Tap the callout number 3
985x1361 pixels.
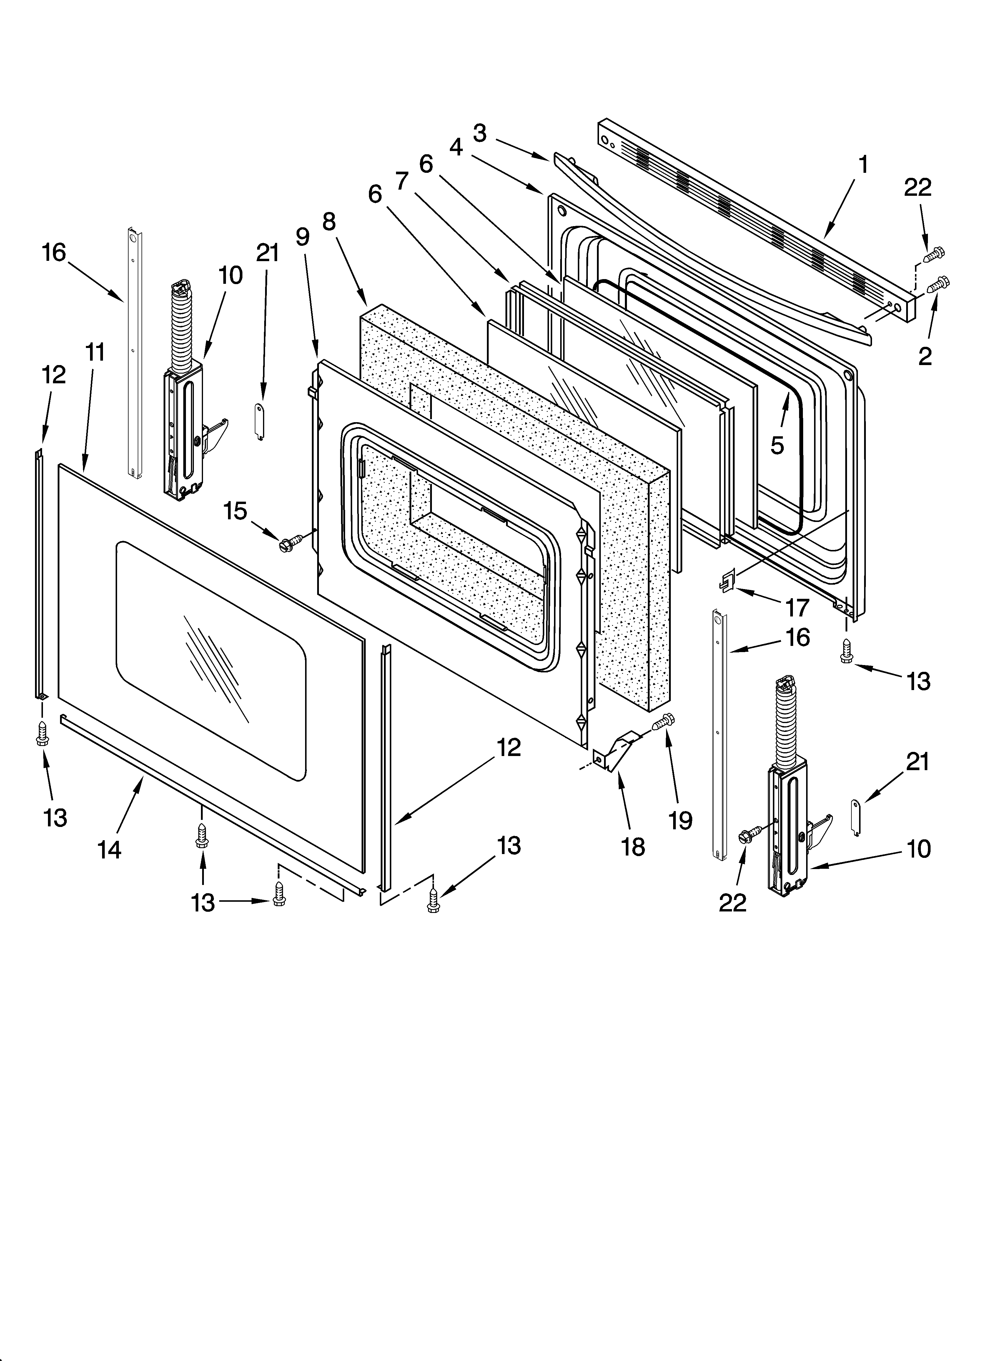(479, 133)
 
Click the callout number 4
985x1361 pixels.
(456, 147)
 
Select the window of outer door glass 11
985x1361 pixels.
(210, 660)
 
